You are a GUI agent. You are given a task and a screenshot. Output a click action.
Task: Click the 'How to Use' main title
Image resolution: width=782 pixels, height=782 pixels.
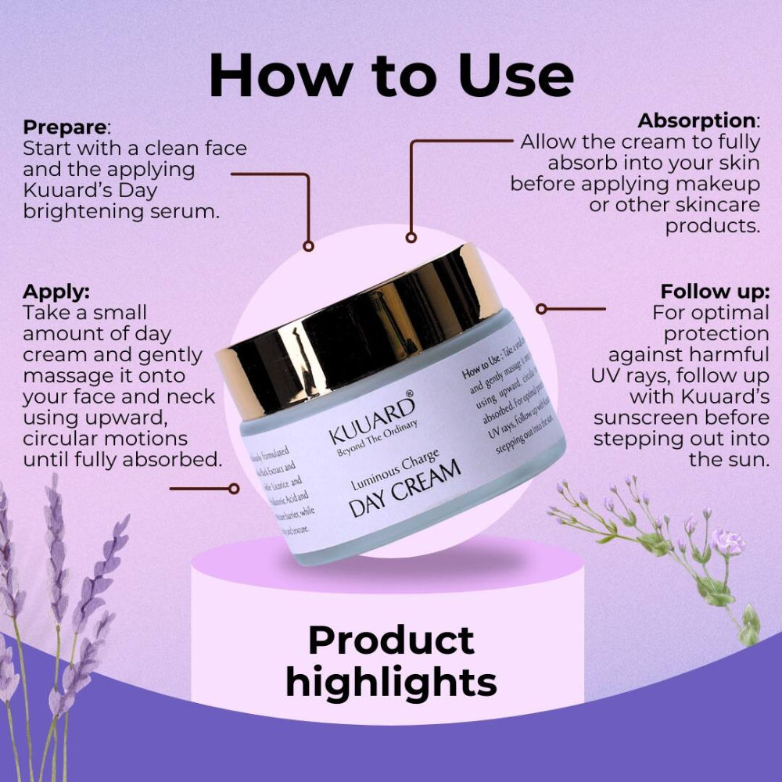pyautogui.click(x=391, y=76)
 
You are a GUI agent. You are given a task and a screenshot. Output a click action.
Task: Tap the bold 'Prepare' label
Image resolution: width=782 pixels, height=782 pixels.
pyautogui.click(x=65, y=126)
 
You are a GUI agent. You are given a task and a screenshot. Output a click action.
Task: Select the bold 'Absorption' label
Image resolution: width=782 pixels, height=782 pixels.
pyautogui.click(x=696, y=121)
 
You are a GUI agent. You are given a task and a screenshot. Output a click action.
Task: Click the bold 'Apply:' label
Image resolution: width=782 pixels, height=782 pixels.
pyautogui.click(x=56, y=292)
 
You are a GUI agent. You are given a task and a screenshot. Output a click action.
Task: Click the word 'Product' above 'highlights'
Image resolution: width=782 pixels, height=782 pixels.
pyautogui.click(x=391, y=640)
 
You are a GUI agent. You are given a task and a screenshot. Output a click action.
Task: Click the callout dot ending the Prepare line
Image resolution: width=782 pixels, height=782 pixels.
pyautogui.click(x=308, y=246)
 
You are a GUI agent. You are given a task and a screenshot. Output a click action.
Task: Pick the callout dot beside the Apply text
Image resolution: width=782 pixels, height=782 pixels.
pyautogui.click(x=232, y=489)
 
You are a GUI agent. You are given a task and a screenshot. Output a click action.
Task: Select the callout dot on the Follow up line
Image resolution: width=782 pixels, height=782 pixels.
pyautogui.click(x=540, y=308)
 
